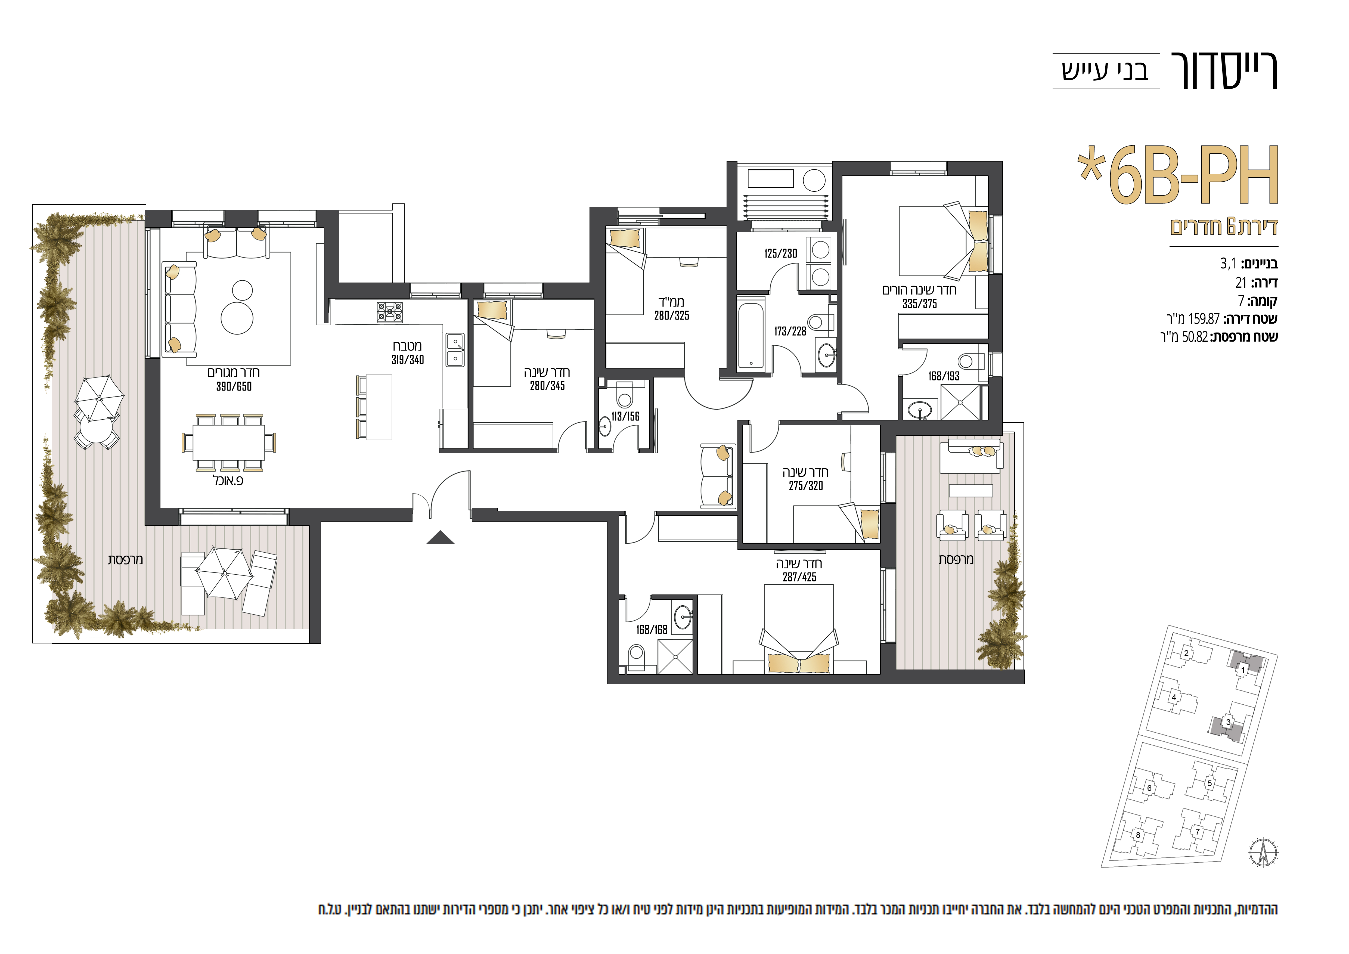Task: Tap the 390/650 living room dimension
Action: tap(234, 386)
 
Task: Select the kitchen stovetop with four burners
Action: tap(390, 311)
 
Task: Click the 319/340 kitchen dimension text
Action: tap(408, 360)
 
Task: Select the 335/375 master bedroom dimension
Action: tap(920, 304)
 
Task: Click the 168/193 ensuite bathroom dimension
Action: tap(944, 376)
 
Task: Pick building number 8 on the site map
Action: tap(1138, 835)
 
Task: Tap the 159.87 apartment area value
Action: tap(1204, 319)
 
